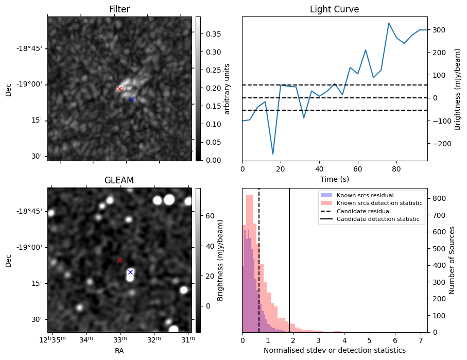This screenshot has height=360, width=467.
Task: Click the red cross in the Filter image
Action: tap(119, 89)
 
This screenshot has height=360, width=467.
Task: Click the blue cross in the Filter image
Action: tap(131, 99)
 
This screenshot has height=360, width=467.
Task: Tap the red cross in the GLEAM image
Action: tap(119, 260)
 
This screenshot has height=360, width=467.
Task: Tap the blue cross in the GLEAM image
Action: tap(130, 272)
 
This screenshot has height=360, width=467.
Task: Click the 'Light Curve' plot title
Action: tap(334, 9)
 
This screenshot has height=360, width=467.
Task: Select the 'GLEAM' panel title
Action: tap(119, 180)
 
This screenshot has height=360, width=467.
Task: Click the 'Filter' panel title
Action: tap(119, 9)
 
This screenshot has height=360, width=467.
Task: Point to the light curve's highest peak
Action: tap(389, 23)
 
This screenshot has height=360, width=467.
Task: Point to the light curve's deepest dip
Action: tap(273, 154)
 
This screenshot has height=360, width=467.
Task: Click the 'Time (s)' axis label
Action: tap(334, 178)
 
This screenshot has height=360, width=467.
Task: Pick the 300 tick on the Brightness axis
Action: tap(438, 30)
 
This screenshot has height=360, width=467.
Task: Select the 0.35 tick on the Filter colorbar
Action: tap(210, 34)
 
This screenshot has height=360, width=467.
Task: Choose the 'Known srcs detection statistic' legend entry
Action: tap(379, 203)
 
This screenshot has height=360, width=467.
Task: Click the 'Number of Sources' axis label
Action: tap(453, 260)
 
